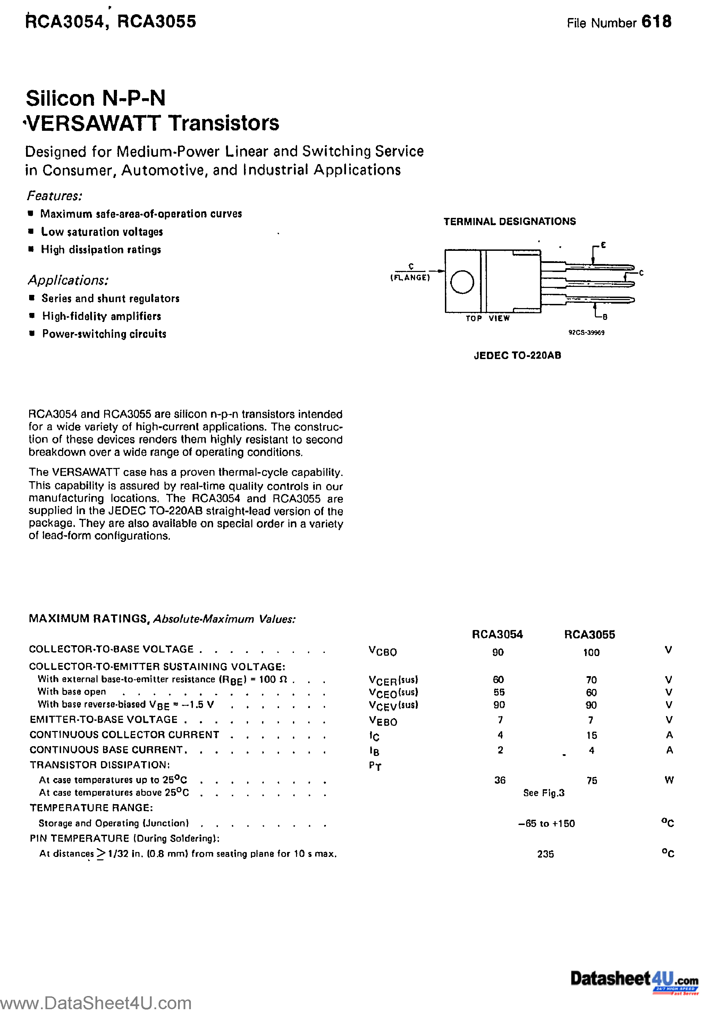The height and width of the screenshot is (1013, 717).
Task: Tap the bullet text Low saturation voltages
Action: pos(102,232)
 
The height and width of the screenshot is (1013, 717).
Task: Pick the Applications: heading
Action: pos(68,280)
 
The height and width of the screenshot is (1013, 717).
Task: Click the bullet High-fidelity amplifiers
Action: pos(102,316)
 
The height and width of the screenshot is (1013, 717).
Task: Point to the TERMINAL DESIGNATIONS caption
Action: pos(509,221)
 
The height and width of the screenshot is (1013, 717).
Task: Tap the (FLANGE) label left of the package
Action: pos(410,278)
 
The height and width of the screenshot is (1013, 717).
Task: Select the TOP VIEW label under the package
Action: pos(487,318)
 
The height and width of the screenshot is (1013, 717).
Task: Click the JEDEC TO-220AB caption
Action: pos(517,355)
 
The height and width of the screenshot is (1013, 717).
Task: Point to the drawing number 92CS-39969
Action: pos(586,333)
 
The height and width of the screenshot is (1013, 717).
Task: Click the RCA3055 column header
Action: pos(589,635)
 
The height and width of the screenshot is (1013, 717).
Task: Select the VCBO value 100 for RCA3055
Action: pos(591,653)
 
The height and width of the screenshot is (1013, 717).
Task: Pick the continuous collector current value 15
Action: pos(592,735)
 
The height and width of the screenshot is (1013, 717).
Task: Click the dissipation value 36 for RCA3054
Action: pos(500,780)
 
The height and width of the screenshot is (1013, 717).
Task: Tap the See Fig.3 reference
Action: pos(543,793)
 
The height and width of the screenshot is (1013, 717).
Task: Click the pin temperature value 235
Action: pos(545,854)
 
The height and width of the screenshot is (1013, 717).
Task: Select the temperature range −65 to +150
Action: pos(546,823)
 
